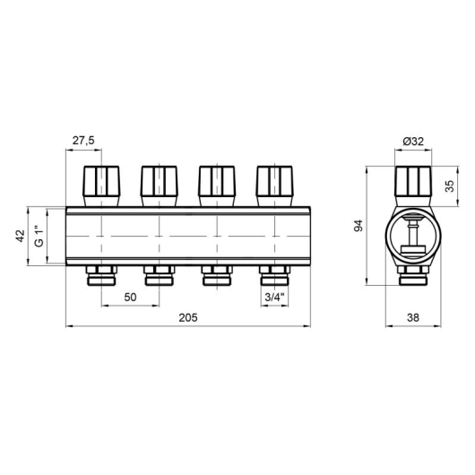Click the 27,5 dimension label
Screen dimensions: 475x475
click(83, 141)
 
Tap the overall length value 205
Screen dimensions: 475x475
click(188, 317)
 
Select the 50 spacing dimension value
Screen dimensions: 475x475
click(130, 298)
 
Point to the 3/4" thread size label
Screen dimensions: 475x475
click(275, 298)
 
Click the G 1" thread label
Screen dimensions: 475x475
click(39, 236)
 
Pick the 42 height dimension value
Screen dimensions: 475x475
click(21, 236)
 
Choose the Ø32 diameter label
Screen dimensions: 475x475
click(413, 142)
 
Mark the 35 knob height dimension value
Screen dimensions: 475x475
click(450, 186)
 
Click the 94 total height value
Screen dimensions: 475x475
click(358, 226)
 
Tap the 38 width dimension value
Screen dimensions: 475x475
click(413, 317)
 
